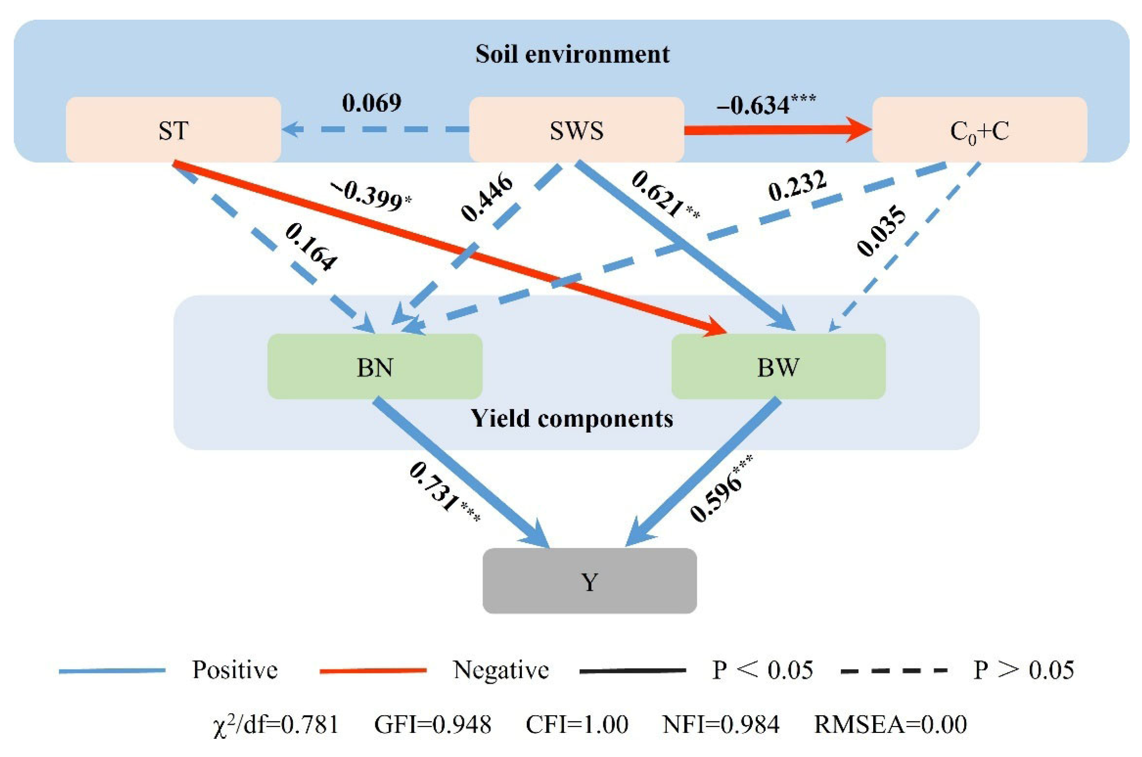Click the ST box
[173, 130]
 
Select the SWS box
[576, 130]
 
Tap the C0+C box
[979, 130]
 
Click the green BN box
[374, 367]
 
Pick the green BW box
[778, 367]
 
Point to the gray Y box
[589, 581]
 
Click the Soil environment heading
[572, 54]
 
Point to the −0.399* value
[371, 197]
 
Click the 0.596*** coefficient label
[720, 489]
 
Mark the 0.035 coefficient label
[881, 231]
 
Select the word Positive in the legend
[235, 670]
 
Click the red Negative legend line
[372, 670]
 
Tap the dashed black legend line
[893, 670]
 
